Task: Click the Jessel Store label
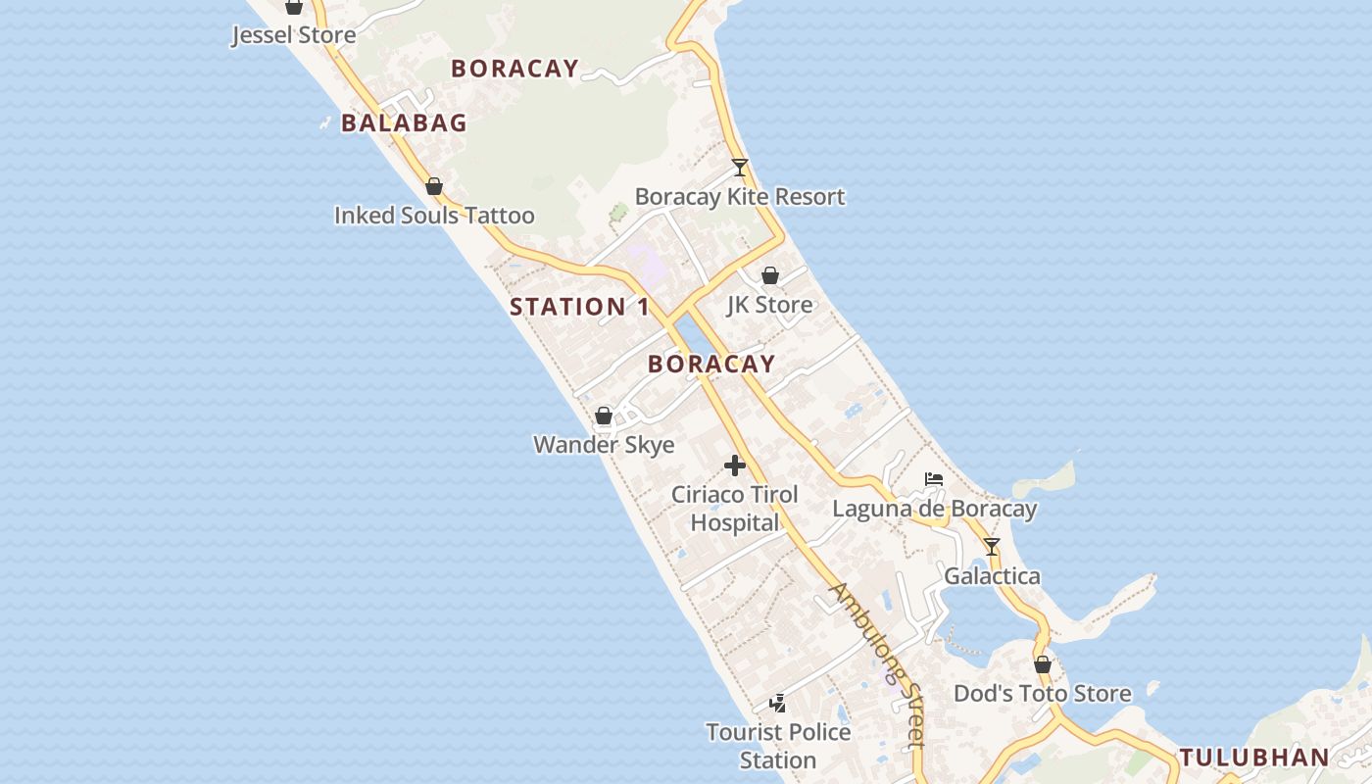click(x=293, y=35)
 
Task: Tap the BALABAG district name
click(x=404, y=123)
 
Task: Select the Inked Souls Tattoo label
click(x=434, y=216)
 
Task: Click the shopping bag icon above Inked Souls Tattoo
click(x=434, y=186)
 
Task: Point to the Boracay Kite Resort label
click(x=740, y=197)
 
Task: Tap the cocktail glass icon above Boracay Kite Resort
click(x=740, y=168)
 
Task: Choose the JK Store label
click(x=769, y=305)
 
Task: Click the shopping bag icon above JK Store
click(x=770, y=275)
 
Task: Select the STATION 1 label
click(x=579, y=307)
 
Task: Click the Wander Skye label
click(x=604, y=445)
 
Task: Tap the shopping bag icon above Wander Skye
click(x=604, y=416)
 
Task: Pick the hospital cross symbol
click(x=735, y=465)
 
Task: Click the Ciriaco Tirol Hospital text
click(x=735, y=509)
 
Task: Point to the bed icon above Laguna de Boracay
click(x=934, y=479)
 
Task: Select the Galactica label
click(x=992, y=576)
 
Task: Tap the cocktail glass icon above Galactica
click(x=992, y=547)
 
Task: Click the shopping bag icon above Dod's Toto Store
click(x=1043, y=664)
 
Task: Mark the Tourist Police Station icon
click(x=778, y=703)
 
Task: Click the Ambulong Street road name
click(x=878, y=664)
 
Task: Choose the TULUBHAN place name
click(x=1254, y=758)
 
